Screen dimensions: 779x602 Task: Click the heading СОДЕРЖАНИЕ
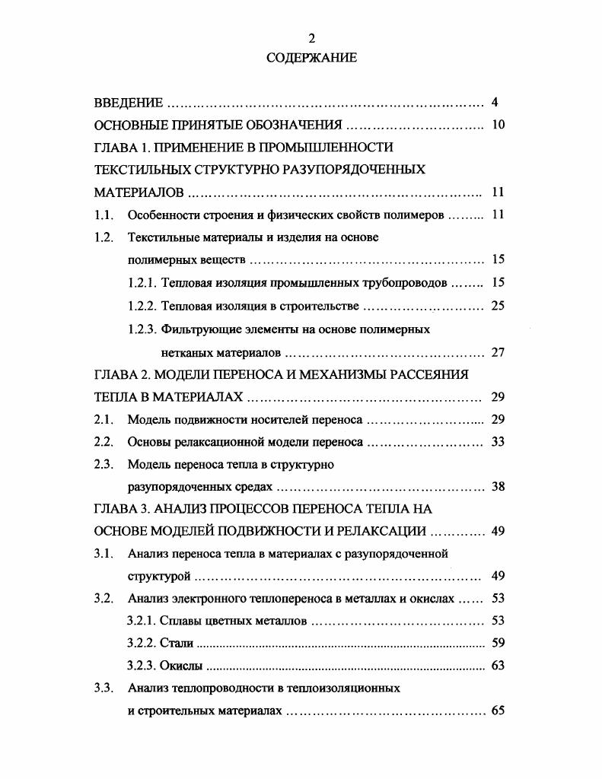pyautogui.click(x=311, y=58)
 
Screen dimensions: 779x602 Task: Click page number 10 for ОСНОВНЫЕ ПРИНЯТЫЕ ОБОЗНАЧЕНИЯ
pyautogui.click(x=498, y=125)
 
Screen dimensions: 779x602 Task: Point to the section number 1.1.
pyautogui.click(x=104, y=215)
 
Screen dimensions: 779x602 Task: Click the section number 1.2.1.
pyautogui.click(x=142, y=283)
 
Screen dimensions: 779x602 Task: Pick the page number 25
pyautogui.click(x=498, y=306)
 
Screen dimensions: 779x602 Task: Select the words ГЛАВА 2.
pyautogui.click(x=122, y=374)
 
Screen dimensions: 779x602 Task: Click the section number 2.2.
pyautogui.click(x=104, y=441)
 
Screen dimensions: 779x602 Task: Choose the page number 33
pyautogui.click(x=498, y=441)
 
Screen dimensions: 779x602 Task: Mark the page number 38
pyautogui.click(x=498, y=487)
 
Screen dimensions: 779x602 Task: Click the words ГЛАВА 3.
pyautogui.click(x=122, y=508)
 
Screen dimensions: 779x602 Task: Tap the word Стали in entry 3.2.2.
pyautogui.click(x=177, y=644)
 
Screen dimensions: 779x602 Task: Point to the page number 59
pyautogui.click(x=498, y=644)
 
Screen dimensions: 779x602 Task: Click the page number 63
pyautogui.click(x=498, y=666)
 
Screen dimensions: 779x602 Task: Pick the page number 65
pyautogui.click(x=498, y=711)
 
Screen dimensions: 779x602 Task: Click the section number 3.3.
pyautogui.click(x=104, y=688)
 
